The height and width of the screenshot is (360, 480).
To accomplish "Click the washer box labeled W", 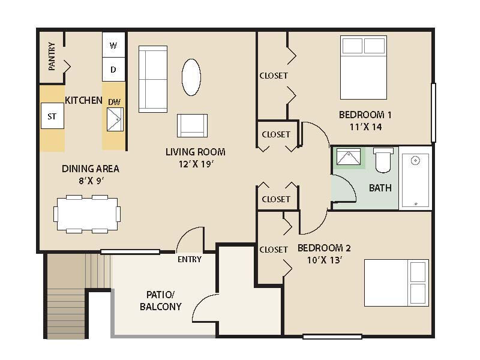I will [113, 46].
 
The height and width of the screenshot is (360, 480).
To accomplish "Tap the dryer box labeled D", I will [113, 70].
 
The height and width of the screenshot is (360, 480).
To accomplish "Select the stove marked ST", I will [52, 116].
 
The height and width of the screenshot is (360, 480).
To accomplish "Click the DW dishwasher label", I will [114, 103].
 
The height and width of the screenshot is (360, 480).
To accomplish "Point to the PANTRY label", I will [52, 56].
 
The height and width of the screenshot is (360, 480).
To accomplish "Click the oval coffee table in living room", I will [191, 77].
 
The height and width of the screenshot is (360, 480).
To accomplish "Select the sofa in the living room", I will [152, 79].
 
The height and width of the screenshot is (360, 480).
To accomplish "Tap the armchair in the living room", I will [192, 125].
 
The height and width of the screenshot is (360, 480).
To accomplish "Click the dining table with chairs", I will [87, 214].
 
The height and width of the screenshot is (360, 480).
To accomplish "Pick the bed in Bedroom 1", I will [364, 67].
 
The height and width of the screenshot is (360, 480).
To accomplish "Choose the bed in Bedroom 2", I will [397, 281].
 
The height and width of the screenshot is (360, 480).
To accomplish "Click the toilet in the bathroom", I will [382, 160].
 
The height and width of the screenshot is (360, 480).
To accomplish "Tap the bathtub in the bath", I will [415, 178].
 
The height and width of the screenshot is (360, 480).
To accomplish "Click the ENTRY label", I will [190, 259].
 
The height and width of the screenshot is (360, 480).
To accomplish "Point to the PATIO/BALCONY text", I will [160, 301].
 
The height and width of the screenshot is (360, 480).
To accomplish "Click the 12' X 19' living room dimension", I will [196, 163].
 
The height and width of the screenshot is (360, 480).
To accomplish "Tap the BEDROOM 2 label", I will [324, 248].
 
